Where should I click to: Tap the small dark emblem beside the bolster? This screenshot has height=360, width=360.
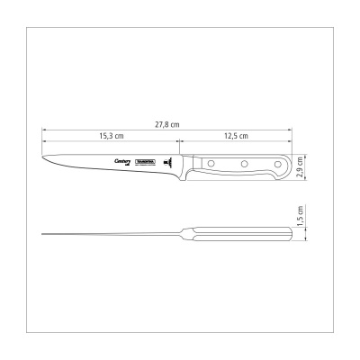point(167,163)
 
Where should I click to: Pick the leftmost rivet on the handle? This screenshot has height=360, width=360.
point(213,164)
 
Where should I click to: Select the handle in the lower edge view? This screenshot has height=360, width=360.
point(238,237)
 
